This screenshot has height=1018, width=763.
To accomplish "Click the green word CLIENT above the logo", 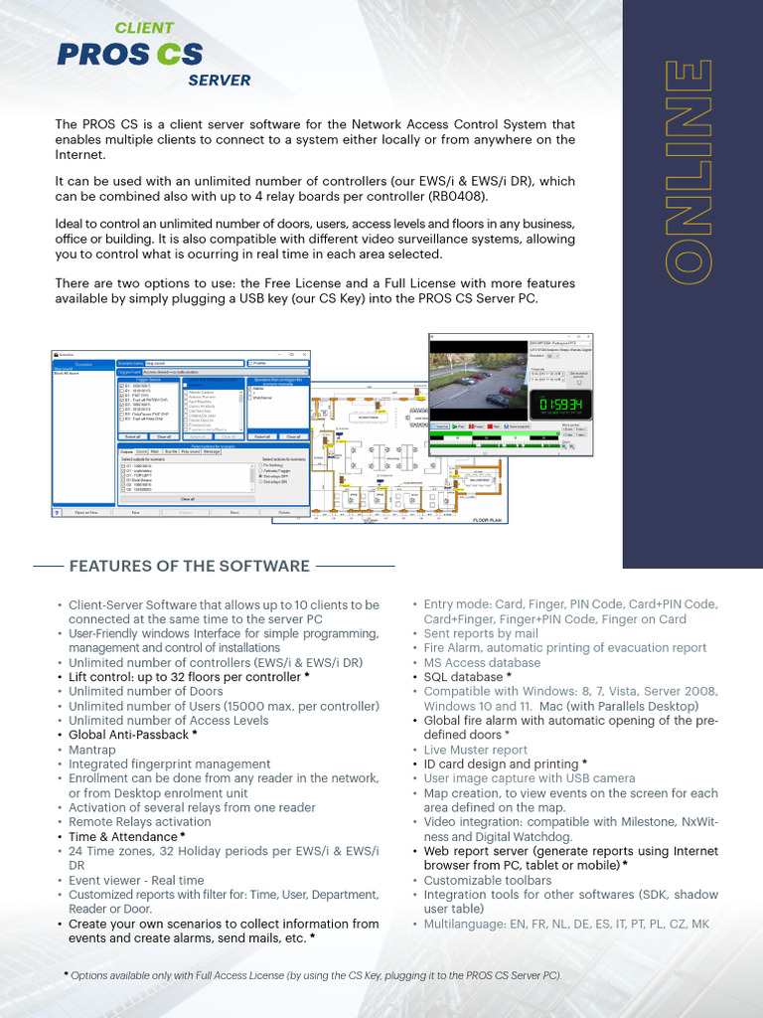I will tap(144, 28).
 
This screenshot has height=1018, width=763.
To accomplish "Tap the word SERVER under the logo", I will tap(219, 81).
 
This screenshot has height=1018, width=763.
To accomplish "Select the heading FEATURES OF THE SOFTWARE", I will tap(190, 566).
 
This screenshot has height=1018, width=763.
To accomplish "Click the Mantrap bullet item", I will tap(92, 750).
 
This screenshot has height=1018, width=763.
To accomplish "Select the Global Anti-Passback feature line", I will tap(132, 735).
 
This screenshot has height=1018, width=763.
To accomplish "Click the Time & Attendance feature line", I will tap(126, 837).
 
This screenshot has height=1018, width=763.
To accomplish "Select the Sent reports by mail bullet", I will tap(481, 633).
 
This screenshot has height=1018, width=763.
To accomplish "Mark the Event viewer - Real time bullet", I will tap(136, 880).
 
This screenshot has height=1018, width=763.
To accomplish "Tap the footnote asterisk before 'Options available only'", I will tap(66, 975).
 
